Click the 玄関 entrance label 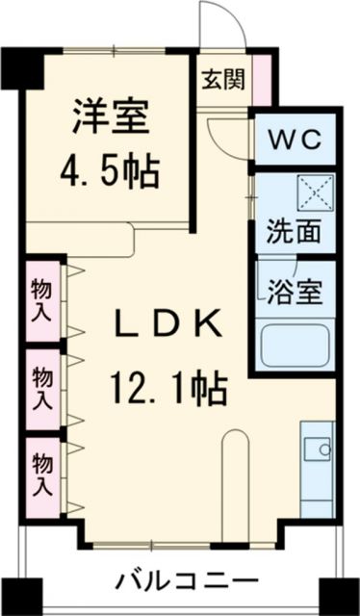pyautogui.click(x=221, y=79)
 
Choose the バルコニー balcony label pyautogui.click(x=188, y=581)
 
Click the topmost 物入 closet pyautogui.click(x=42, y=297)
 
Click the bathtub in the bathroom pyautogui.click(x=296, y=345)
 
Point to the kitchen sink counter pyautogui.click(x=317, y=472)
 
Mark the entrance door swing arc pyautogui.click(x=218, y=21)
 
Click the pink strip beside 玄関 pyautogui.click(x=262, y=76)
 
